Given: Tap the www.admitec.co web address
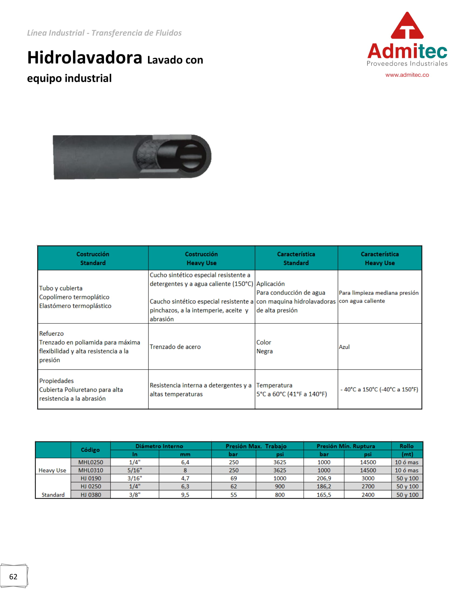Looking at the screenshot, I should click(x=407, y=75).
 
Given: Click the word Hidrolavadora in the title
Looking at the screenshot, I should click(x=85, y=58).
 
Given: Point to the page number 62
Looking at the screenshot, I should click(x=13, y=577).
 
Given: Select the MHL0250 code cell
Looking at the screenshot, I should click(x=90, y=462).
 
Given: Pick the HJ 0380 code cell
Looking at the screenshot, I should click(x=90, y=495).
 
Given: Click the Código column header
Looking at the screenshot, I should click(x=90, y=450).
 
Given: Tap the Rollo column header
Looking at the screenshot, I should click(x=407, y=446).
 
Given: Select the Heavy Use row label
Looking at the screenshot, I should click(x=52, y=470).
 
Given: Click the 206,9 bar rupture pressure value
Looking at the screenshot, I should click(x=323, y=478).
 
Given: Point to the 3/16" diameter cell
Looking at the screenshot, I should click(x=135, y=478).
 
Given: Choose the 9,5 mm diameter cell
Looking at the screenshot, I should click(x=185, y=495).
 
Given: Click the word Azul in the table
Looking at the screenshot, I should click(x=344, y=347).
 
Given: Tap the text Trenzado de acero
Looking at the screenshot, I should click(x=175, y=347).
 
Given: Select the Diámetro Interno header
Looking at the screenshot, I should click(x=159, y=446).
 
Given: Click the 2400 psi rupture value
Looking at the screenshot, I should click(x=368, y=495).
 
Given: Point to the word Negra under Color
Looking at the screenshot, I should click(x=264, y=351).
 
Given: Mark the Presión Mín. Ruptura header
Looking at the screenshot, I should click(x=346, y=446).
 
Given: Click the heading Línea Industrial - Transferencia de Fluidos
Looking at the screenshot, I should click(x=104, y=33).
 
